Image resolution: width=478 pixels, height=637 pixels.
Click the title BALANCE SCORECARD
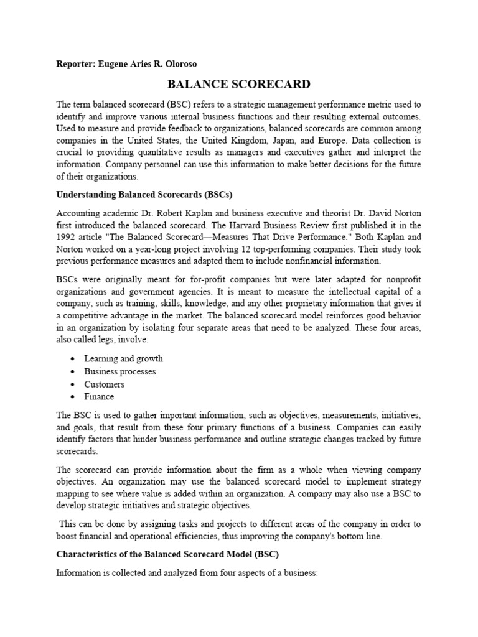pyautogui.click(x=239, y=84)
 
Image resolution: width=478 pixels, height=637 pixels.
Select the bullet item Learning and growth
pyautogui.click(x=123, y=358)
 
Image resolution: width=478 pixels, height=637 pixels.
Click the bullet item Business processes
pyautogui.click(x=120, y=371)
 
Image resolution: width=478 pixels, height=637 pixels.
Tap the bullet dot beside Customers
pyautogui.click(x=73, y=384)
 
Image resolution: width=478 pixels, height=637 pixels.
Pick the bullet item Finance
pyautogui.click(x=100, y=397)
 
